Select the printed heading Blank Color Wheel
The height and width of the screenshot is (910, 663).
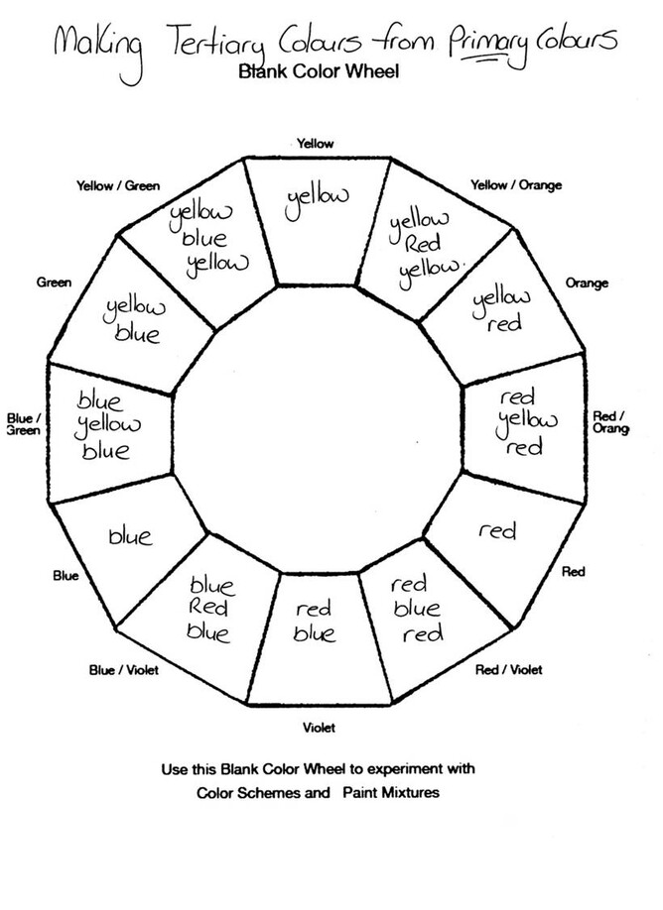click(318, 71)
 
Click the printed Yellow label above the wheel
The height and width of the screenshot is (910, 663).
click(316, 145)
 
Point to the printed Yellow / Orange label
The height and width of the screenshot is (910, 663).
click(516, 185)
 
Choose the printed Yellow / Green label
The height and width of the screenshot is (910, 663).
click(118, 186)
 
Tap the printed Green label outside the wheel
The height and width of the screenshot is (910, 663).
click(54, 283)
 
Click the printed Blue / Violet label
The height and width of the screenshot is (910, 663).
click(123, 670)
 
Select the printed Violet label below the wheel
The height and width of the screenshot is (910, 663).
click(319, 728)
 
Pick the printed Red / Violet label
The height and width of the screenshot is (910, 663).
click(509, 671)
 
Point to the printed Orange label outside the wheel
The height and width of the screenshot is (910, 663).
click(587, 284)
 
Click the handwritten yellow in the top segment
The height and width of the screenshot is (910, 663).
click(317, 198)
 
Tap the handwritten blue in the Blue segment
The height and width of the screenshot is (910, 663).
click(130, 537)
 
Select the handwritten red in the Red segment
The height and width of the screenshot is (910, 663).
click(497, 532)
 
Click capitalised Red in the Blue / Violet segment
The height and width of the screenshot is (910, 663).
click(209, 608)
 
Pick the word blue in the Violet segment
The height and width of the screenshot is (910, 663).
click(315, 634)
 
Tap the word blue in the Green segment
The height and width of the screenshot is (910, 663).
click(138, 334)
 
